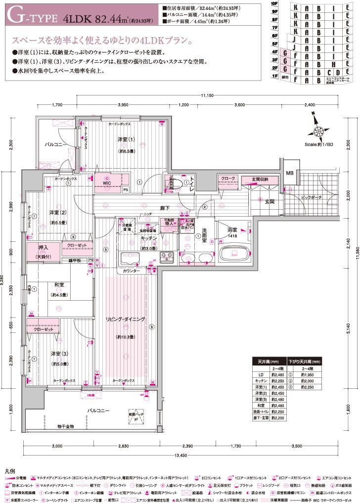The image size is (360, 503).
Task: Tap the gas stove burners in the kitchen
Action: tap(166, 256)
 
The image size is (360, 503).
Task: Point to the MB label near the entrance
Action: tap(289, 173)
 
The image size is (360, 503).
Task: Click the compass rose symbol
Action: tap(316, 131)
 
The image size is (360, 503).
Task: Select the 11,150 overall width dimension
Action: tap(207, 95)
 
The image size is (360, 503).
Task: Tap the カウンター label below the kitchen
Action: tap(131, 271)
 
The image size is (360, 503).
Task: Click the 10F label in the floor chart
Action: tap(274, 3)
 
